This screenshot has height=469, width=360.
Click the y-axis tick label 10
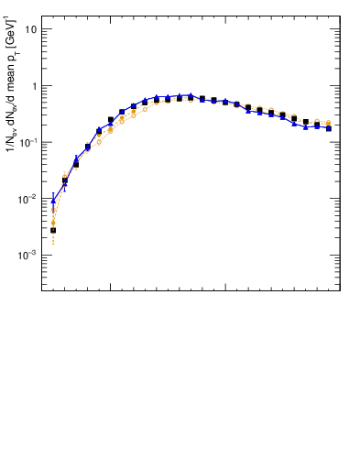click(30, 29)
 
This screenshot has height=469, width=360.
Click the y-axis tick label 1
click(33, 86)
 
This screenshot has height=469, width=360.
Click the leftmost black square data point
click(53, 230)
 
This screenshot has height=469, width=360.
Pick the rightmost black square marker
click(328, 128)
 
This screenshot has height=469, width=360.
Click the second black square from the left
click(64, 180)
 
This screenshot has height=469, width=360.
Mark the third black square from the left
click(76, 164)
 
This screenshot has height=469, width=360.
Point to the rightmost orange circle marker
click(328, 123)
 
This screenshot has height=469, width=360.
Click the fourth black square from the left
click(88, 147)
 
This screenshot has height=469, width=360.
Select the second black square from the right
click(317, 122)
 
